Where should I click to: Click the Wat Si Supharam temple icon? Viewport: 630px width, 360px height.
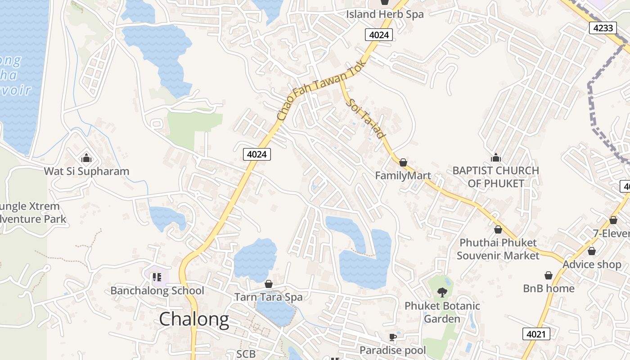pyautogui.click(x=86, y=158)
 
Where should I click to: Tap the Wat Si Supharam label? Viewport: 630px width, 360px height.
pyautogui.click(x=86, y=171)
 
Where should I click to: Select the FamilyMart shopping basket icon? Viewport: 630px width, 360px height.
pyautogui.click(x=403, y=162)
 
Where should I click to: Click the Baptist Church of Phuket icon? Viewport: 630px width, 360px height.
pyautogui.click(x=496, y=157)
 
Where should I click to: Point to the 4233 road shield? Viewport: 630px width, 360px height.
pyautogui.click(x=603, y=28)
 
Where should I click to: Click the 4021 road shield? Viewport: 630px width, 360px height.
pyautogui.click(x=536, y=334)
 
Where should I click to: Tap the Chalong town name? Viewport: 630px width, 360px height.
pyautogui.click(x=194, y=319)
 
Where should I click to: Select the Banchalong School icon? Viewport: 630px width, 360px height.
pyautogui.click(x=157, y=277)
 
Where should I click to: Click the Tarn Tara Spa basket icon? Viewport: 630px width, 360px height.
pyautogui.click(x=269, y=284)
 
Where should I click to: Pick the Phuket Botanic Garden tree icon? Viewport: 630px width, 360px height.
pyautogui.click(x=442, y=292)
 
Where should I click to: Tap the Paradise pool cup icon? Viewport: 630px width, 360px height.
pyautogui.click(x=393, y=337)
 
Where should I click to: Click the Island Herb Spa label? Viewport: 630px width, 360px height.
pyautogui.click(x=385, y=14)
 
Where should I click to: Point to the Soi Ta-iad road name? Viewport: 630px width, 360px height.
pyautogui.click(x=367, y=118)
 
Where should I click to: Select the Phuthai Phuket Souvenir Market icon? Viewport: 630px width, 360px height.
pyautogui.click(x=498, y=229)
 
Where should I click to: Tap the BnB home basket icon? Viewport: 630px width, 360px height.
pyautogui.click(x=549, y=275)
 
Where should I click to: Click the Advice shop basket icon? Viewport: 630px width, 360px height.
pyautogui.click(x=592, y=251)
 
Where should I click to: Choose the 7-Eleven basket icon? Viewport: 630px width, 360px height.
pyautogui.click(x=613, y=220)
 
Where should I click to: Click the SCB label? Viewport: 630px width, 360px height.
pyautogui.click(x=246, y=354)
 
